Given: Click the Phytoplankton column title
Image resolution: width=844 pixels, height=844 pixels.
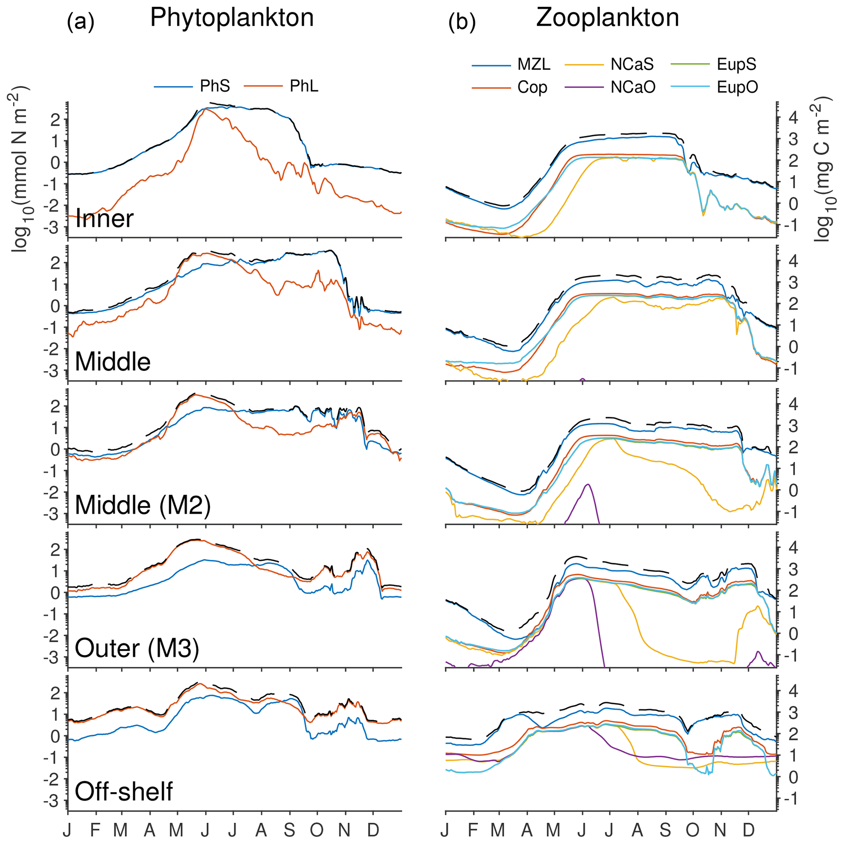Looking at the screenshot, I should [x=232, y=18].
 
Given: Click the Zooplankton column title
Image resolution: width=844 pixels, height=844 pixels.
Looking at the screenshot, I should [x=607, y=18].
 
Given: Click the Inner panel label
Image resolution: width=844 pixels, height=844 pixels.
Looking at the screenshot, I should [x=105, y=219].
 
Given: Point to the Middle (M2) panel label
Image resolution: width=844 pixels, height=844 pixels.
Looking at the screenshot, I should [x=143, y=505].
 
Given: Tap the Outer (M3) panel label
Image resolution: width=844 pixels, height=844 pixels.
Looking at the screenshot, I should [x=137, y=648].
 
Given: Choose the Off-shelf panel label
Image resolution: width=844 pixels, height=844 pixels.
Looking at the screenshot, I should [x=124, y=791].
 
